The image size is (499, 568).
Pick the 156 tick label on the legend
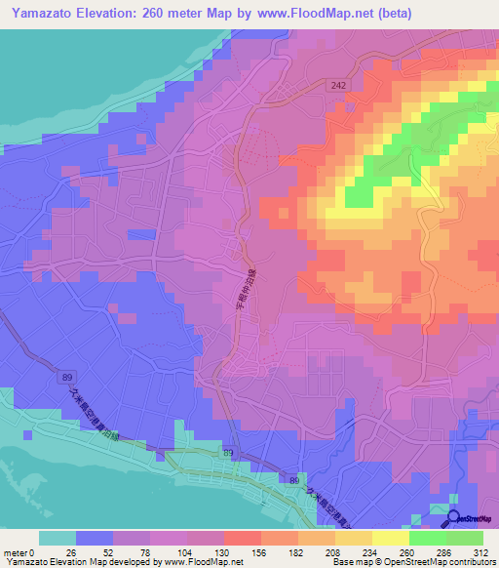(x=261, y=551)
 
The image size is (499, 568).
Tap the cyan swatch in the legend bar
(x=58, y=538)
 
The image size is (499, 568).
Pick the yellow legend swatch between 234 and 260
(x=391, y=538)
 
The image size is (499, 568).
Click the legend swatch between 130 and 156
(x=243, y=538)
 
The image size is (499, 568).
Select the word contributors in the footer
(x=470, y=562)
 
